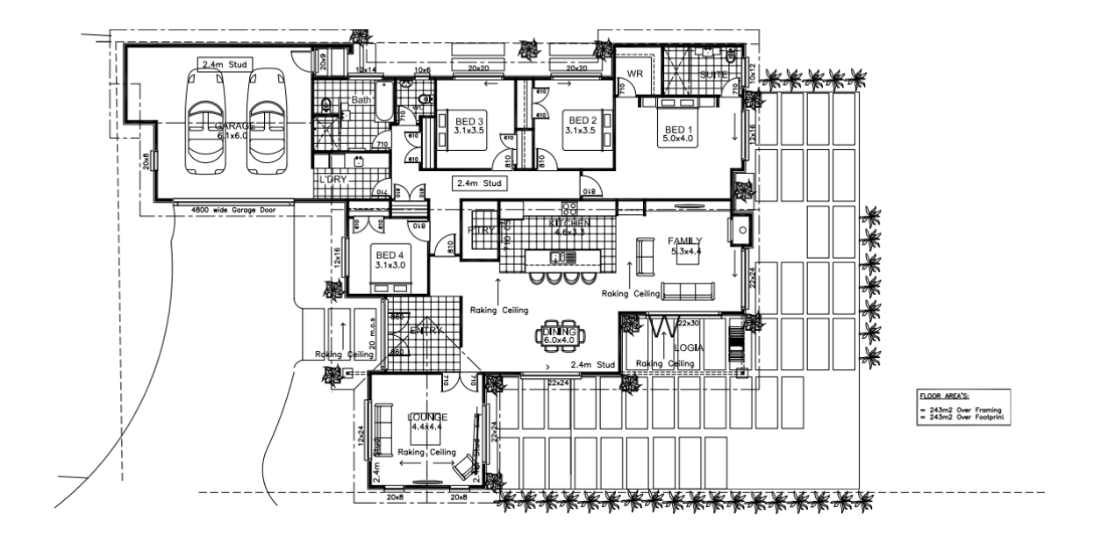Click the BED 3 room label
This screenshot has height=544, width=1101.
tap(469, 120)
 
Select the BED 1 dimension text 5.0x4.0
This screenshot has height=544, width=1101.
tap(678, 138)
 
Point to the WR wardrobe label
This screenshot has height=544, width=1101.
tap(636, 75)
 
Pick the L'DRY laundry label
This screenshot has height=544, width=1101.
tap(333, 180)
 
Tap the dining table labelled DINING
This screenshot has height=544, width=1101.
tap(558, 333)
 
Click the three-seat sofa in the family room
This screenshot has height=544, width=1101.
tap(689, 291)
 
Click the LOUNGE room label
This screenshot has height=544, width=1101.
tap(429, 417)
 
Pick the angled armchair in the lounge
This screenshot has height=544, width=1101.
tap(466, 464)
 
